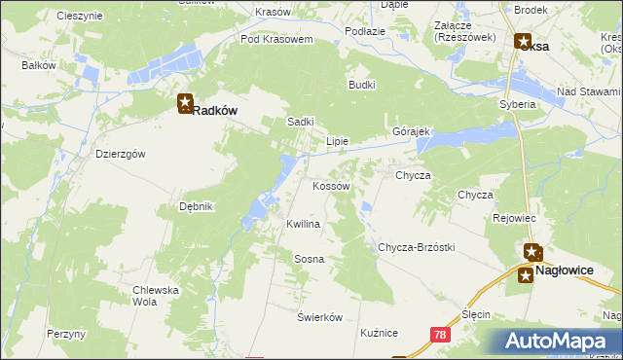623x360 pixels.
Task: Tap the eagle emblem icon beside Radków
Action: pos(185,104)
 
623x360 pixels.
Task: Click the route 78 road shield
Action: pos(440,334)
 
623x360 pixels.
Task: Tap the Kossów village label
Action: pos(330,185)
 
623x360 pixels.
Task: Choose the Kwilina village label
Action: pos(303,224)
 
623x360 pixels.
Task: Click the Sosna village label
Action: pos(309,259)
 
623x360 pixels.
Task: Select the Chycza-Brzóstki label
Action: pos(417,247)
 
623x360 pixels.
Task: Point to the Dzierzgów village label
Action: pos(121,154)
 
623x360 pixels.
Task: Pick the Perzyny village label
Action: pos(66,334)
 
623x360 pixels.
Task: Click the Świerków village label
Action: pos(320,317)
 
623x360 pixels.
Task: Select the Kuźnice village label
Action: pos(379,333)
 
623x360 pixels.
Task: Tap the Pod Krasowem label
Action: pos(276,40)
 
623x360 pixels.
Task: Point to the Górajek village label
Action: pos(411,131)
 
